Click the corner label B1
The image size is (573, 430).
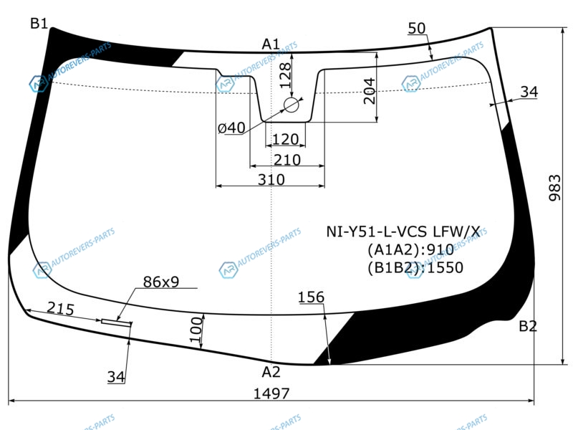[39, 24]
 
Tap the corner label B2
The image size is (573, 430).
[528, 326]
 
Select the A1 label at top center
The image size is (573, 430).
[271, 44]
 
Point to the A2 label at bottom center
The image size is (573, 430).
[271, 372]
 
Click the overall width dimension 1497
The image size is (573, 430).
[271, 393]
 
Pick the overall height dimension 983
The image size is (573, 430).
[554, 188]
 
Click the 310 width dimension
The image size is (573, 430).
[271, 180]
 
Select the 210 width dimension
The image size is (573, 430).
[287, 160]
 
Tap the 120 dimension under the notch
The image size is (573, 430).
[285, 139]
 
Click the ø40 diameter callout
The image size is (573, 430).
[231, 128]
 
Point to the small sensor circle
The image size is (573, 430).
[292, 105]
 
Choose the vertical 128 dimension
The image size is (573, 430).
[285, 75]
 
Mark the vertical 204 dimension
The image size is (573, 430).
[370, 91]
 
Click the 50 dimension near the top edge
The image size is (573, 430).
[417, 28]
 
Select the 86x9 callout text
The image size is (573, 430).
[161, 282]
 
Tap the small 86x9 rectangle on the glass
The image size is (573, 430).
[116, 322]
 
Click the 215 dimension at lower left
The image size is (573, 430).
[61, 309]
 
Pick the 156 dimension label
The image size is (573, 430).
[312, 297]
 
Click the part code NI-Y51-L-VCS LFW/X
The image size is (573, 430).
[403, 231]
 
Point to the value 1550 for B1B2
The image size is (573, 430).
[445, 267]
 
